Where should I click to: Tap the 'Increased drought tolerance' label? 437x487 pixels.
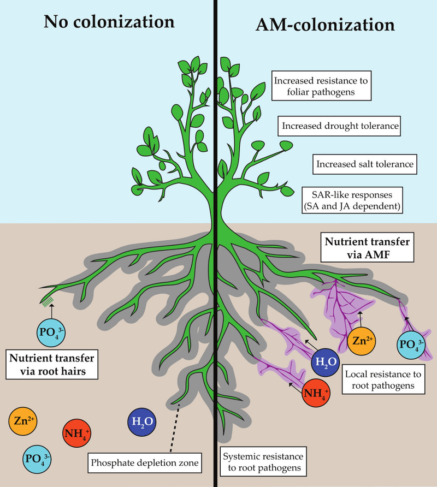coord(340,127)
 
